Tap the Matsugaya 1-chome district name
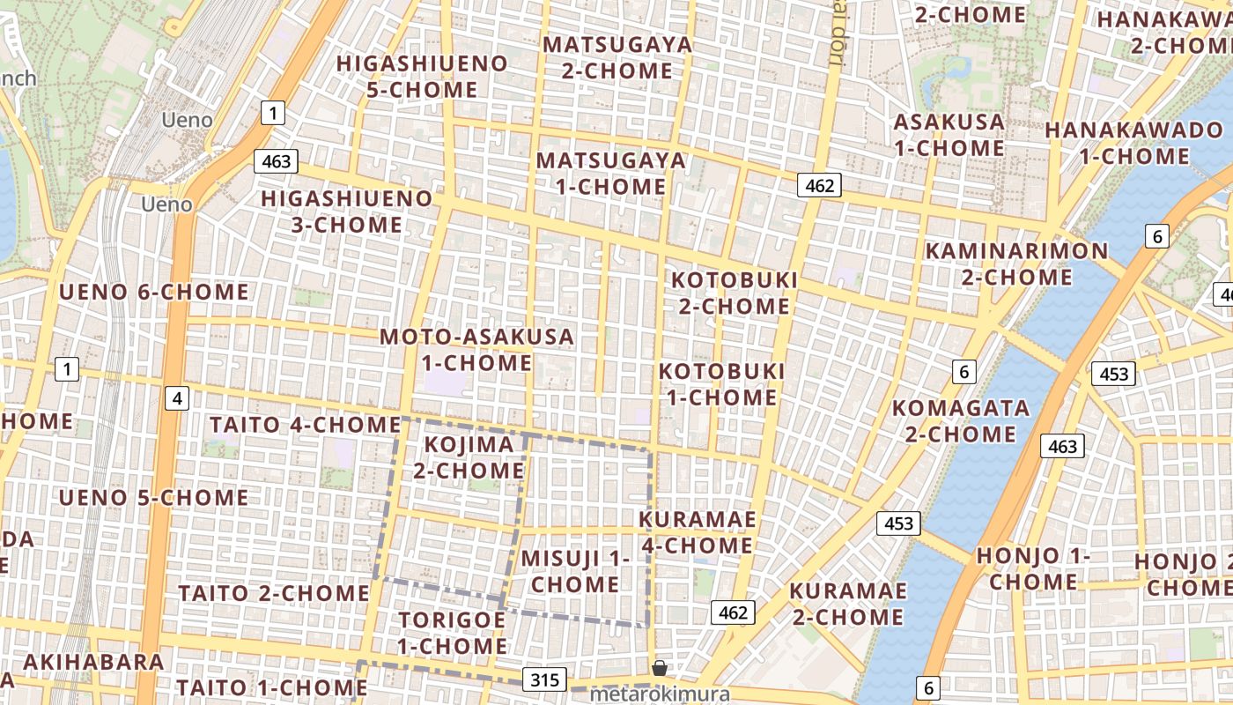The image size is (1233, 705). tap(610, 174)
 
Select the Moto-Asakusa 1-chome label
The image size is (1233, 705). tap(476, 350)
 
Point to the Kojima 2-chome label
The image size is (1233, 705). tap(469, 457)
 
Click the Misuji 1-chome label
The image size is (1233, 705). tap(575, 571)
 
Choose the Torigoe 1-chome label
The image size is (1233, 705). tap(452, 633)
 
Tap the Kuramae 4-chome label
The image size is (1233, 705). tap(697, 532)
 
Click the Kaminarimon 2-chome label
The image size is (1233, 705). tap(1016, 263)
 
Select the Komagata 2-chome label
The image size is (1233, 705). tap(960, 420)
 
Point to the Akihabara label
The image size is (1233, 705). tap(93, 662)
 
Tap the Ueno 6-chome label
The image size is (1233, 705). tap(153, 292)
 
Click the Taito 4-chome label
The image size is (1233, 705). tap(305, 425)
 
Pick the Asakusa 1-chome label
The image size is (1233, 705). tap(949, 135)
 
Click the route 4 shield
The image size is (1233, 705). tap(177, 398)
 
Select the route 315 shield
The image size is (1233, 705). tap(544, 679)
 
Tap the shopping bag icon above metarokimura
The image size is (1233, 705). tap(659, 668)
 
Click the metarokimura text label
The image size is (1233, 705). tap(659, 694)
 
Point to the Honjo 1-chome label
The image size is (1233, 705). tap(1033, 568)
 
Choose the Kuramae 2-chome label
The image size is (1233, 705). tap(847, 603)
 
